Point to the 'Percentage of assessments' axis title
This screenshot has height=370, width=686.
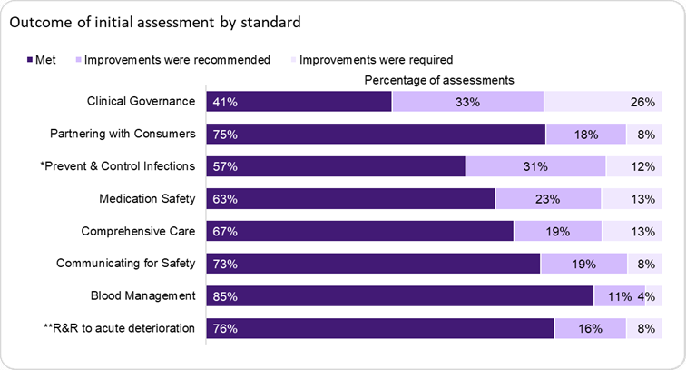pyautogui.click(x=439, y=80)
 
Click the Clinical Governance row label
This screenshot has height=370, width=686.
pyautogui.click(x=141, y=101)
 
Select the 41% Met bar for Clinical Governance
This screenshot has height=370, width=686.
pyautogui.click(x=299, y=102)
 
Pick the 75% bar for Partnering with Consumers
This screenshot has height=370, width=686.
pyautogui.click(x=376, y=135)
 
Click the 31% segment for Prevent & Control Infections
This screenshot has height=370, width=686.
pyautogui.click(x=535, y=166)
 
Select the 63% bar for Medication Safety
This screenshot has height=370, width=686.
pyautogui.click(x=350, y=199)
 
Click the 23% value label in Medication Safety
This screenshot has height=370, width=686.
pyautogui.click(x=548, y=199)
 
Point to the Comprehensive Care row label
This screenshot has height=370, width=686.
pyautogui.click(x=139, y=231)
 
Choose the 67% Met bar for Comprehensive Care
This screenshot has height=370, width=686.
pyautogui.click(x=359, y=232)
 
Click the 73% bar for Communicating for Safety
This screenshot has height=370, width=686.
pyautogui.click(x=373, y=265)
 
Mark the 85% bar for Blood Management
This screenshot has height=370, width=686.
pyautogui.click(x=399, y=296)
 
